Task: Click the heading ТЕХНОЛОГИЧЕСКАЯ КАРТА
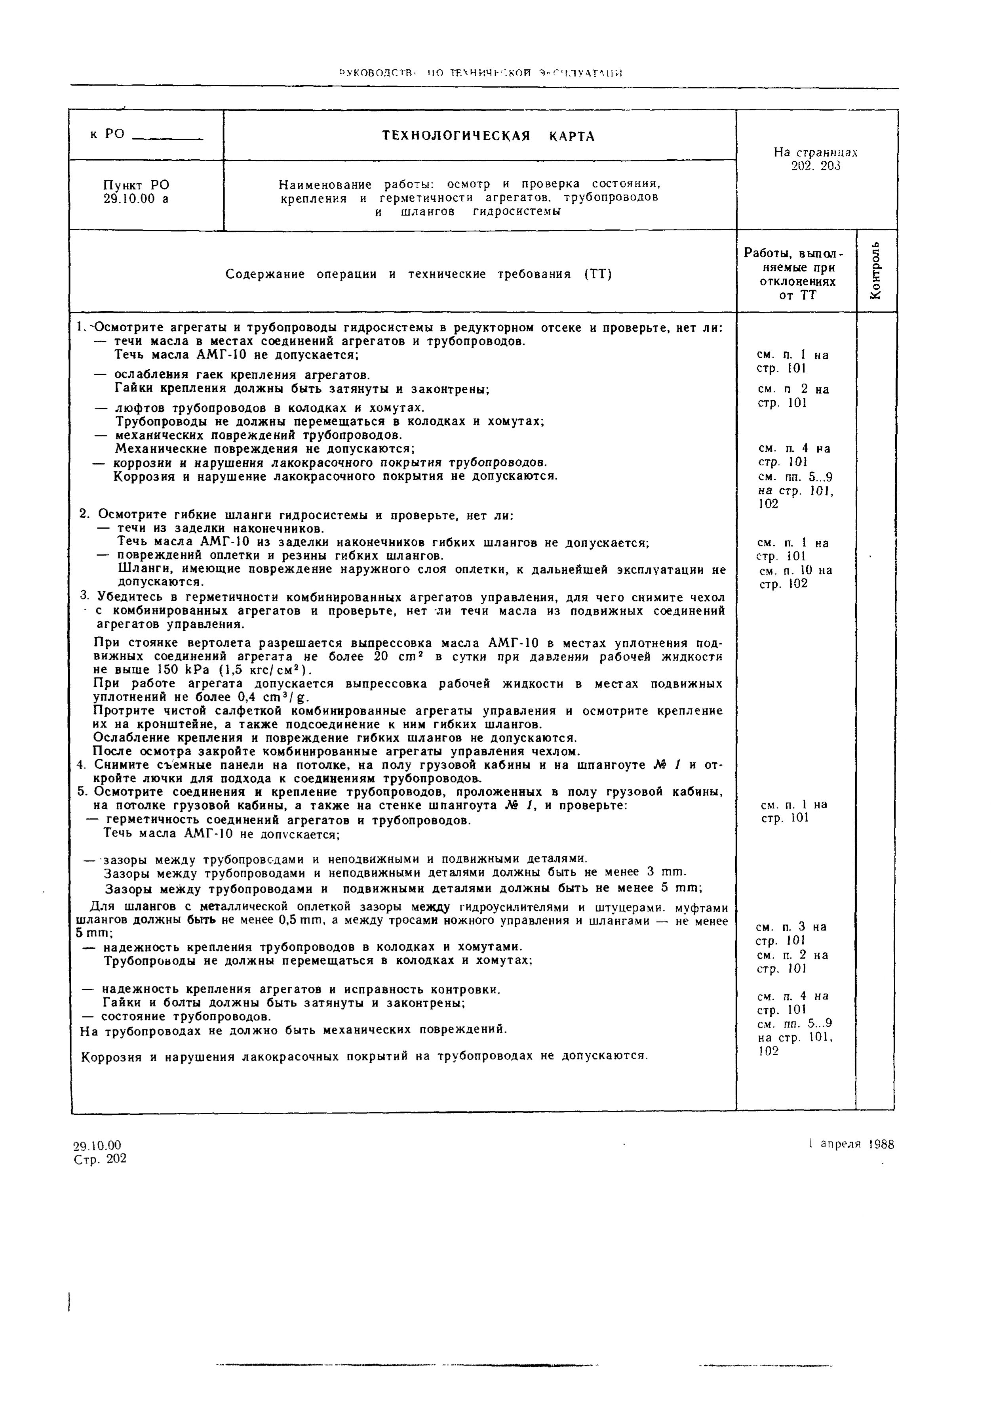click(x=488, y=136)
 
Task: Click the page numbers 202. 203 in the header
click(x=816, y=166)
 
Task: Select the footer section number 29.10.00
click(x=97, y=1144)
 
